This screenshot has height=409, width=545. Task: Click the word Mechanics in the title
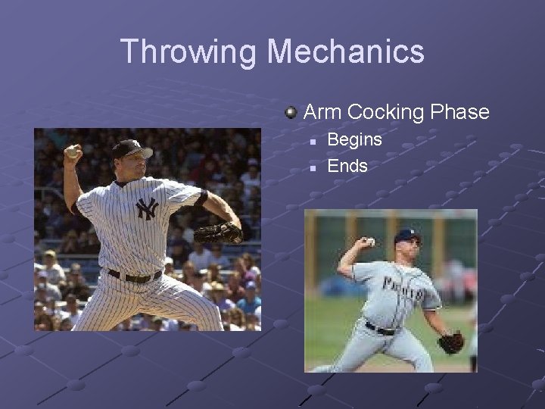click(346, 52)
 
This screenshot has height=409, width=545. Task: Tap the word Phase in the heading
click(459, 112)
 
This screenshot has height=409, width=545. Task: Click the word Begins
click(354, 140)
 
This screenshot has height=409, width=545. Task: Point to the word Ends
click(347, 166)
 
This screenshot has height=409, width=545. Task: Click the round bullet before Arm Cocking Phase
click(291, 113)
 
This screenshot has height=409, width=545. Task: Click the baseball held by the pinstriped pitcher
click(72, 152)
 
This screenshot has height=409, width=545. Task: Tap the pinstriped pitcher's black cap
click(130, 148)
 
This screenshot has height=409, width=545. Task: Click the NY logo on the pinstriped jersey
click(146, 209)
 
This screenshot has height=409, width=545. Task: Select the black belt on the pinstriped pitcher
click(135, 276)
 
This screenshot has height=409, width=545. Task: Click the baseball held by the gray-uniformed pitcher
click(370, 242)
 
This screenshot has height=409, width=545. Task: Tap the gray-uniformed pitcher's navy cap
click(407, 236)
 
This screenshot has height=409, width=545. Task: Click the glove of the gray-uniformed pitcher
click(451, 342)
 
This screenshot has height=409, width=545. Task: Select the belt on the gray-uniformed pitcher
click(381, 329)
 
